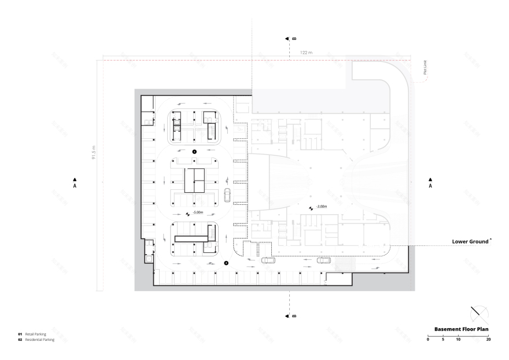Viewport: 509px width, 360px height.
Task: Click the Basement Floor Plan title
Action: (462, 329)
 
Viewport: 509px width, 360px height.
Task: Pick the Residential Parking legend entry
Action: (39, 340)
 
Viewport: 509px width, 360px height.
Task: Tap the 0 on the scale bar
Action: (428, 339)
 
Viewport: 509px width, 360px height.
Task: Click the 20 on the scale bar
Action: (489, 339)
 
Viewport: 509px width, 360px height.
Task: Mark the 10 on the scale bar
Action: (458, 339)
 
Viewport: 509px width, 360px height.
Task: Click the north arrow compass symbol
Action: (478, 315)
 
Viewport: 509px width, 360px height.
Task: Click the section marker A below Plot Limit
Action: (430, 183)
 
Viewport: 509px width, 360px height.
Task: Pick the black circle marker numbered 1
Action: (194, 151)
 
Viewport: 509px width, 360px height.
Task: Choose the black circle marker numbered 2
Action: (226, 263)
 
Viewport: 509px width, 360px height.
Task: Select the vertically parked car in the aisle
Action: (228, 195)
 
